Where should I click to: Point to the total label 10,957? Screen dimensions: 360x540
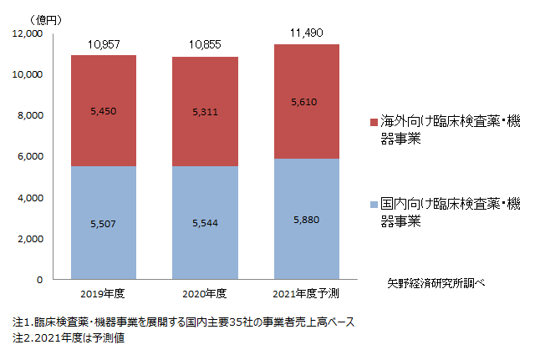(104, 43)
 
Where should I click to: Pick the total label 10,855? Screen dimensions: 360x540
(205, 44)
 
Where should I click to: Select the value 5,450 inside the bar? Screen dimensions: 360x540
(104, 110)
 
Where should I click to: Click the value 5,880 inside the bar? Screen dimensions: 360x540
(307, 220)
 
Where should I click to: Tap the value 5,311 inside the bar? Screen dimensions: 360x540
(205, 111)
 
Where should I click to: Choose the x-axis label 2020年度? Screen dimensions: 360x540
(205, 294)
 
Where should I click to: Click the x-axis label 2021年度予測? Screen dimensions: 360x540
(307, 294)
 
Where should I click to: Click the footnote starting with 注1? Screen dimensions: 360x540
(183, 322)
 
